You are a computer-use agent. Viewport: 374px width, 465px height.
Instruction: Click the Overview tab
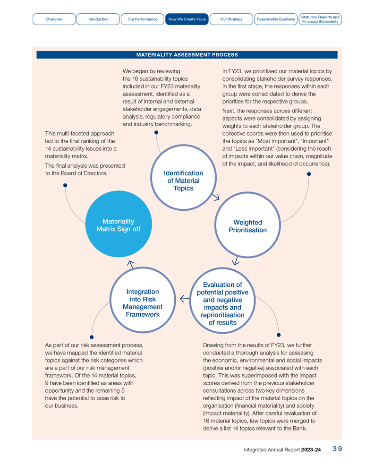[54, 19]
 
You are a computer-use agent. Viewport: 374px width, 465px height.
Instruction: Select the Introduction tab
[98, 19]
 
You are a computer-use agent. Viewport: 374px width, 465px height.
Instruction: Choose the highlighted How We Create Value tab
[187, 19]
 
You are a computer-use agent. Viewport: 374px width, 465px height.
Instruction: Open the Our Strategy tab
[231, 19]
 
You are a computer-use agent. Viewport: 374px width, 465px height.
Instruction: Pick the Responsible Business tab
[275, 19]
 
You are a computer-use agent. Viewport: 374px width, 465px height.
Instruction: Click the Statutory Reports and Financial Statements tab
[320, 19]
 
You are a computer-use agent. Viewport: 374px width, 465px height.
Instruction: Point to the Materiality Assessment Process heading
[187, 55]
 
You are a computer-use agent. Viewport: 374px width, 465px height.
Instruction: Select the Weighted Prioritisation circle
[247, 226]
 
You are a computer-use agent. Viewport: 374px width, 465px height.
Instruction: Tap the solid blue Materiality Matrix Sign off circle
[118, 225]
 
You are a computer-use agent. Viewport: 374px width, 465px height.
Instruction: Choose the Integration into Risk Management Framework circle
[143, 303]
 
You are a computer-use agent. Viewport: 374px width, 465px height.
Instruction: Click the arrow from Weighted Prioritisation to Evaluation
[236, 260]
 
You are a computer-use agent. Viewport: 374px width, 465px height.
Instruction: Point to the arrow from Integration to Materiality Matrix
[131, 264]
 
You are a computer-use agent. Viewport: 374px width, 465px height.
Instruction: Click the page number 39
[337, 449]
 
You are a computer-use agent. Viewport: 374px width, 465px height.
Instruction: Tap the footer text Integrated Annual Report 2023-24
[282, 450]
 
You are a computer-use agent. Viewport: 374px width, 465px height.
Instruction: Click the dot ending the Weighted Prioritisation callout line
[309, 174]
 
